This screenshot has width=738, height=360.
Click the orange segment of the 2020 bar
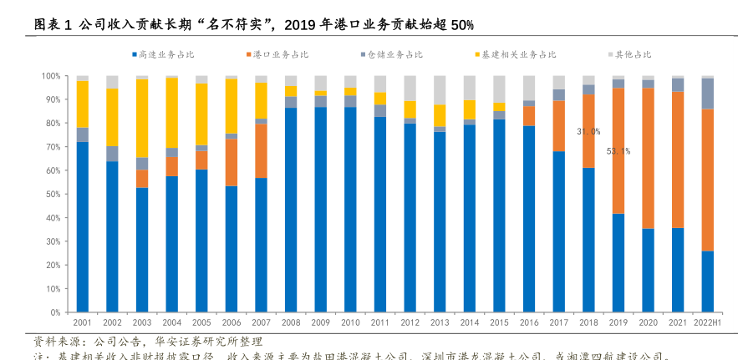point(648,158)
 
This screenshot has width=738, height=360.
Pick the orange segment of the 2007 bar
point(261,150)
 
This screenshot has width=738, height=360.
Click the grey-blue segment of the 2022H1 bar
point(707,94)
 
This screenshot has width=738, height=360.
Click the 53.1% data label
point(618,151)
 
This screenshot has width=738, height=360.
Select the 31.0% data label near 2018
point(588,131)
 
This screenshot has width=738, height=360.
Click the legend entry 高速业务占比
point(165,54)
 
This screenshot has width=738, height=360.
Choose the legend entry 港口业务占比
point(279,54)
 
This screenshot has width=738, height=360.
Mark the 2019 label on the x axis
point(618,322)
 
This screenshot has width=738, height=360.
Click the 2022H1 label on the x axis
point(707,322)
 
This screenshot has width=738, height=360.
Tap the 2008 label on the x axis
point(291,322)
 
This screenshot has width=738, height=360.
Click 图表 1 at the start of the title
point(52,24)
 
